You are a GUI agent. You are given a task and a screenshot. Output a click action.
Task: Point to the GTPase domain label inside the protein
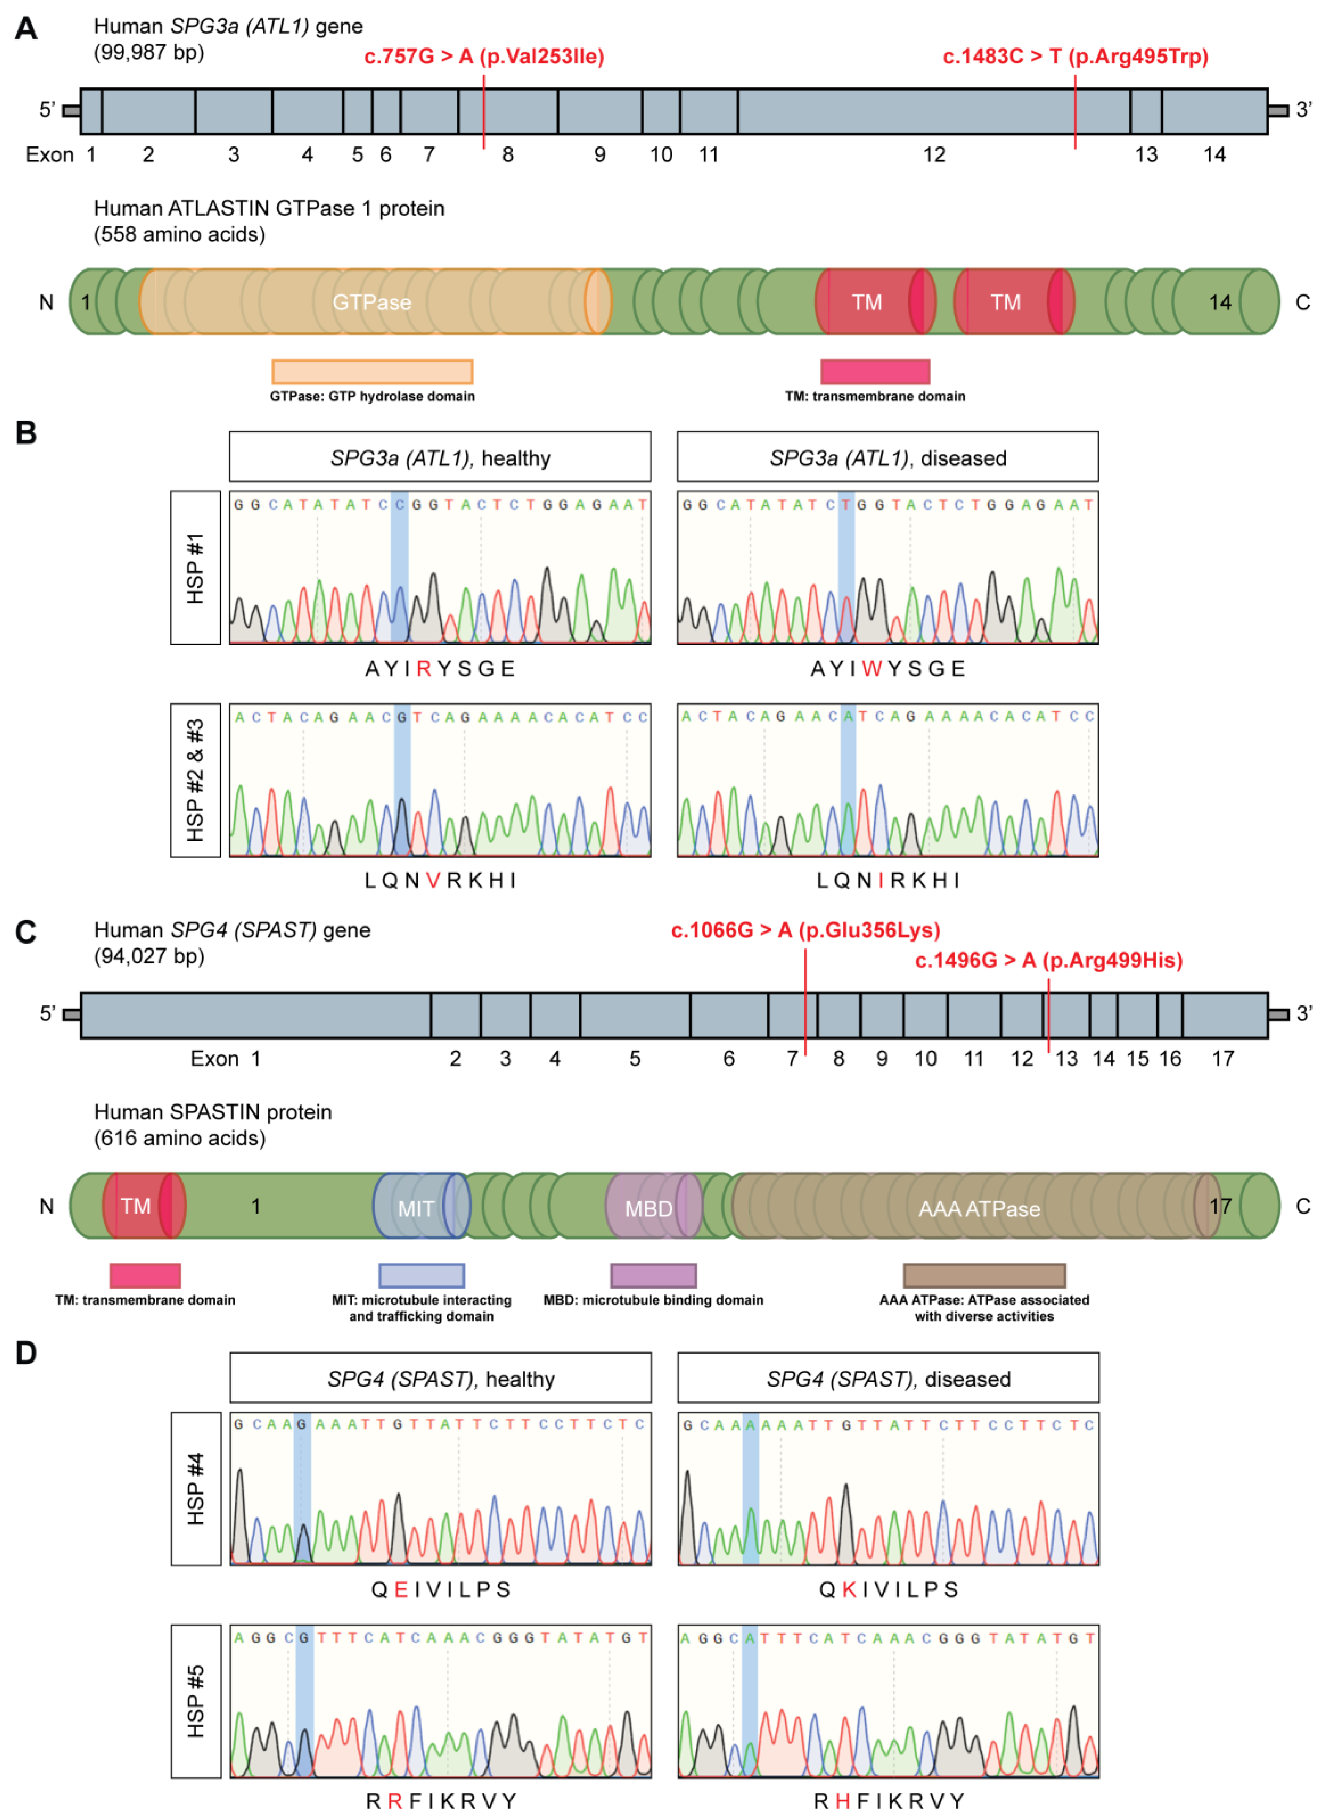tap(372, 303)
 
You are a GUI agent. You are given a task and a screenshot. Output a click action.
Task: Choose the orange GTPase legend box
tap(373, 372)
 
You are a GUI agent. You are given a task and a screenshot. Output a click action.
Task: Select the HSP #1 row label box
tap(195, 568)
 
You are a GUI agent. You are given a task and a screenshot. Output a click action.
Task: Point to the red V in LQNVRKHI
tap(433, 881)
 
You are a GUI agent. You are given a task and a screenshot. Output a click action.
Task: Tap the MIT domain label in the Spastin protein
tap(416, 1208)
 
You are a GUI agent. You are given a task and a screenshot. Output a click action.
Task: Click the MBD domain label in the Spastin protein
tap(648, 1208)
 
